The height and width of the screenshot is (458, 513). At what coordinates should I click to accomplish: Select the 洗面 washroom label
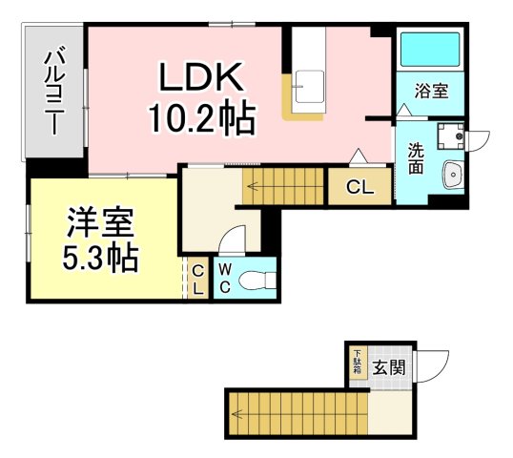[x=417, y=157]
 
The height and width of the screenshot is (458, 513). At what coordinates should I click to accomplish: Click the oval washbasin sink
[x=452, y=175]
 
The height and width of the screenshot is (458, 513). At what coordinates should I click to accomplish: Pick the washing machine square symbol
[x=447, y=137]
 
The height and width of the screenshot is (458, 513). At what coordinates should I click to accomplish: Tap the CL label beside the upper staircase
[x=359, y=187]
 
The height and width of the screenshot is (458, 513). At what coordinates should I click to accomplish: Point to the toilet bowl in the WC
[x=255, y=280]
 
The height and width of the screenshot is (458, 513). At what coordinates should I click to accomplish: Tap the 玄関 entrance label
[x=389, y=365]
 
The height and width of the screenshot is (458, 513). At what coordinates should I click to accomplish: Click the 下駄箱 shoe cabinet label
[x=358, y=363]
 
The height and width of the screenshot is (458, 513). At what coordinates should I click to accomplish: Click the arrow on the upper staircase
[x=253, y=187]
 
